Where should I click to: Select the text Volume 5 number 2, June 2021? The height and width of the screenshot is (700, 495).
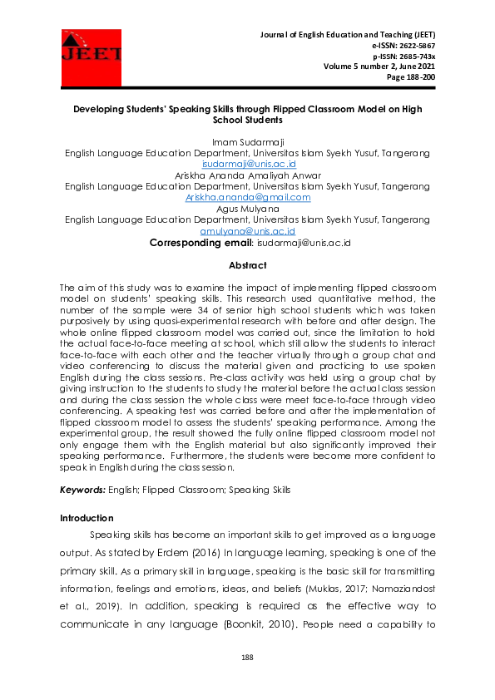(379, 67)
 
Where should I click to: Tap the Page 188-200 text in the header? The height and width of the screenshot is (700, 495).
(411, 78)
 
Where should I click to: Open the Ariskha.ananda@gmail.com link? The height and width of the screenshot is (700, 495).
(248, 198)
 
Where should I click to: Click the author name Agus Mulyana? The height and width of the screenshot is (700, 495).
(247, 209)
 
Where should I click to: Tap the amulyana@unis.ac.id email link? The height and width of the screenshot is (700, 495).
(248, 231)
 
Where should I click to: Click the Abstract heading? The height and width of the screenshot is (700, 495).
(247, 266)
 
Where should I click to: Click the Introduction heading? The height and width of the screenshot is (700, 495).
(87, 519)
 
